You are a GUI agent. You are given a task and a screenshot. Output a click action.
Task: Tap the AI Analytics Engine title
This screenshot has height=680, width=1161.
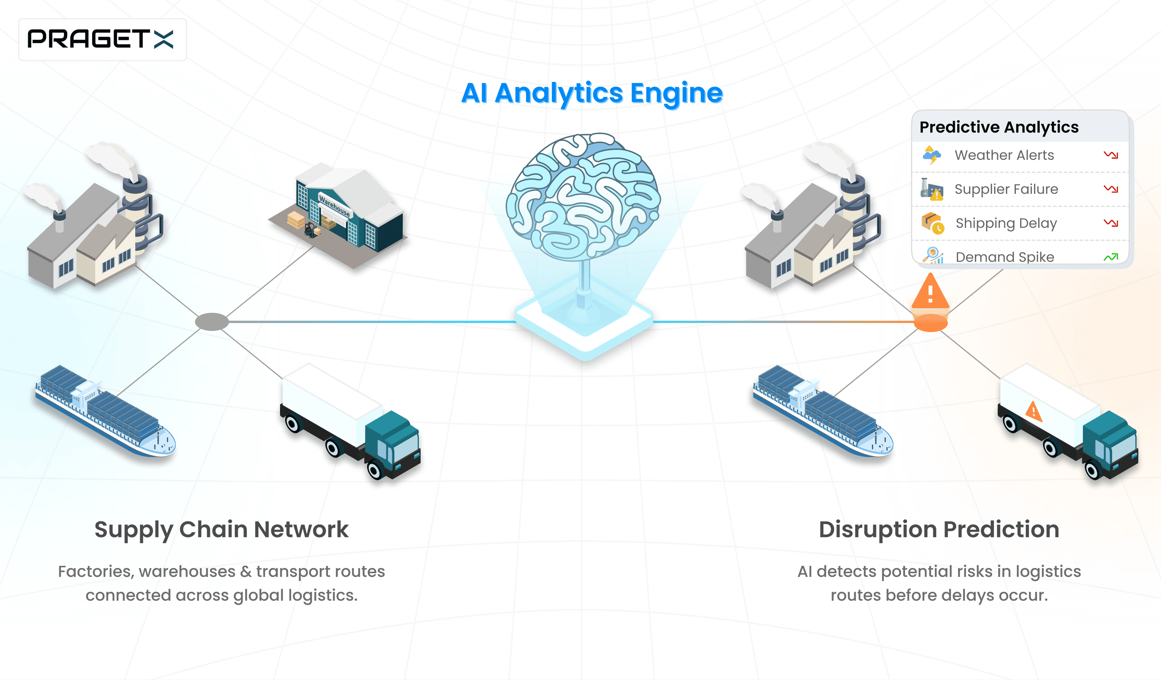pyautogui.click(x=592, y=93)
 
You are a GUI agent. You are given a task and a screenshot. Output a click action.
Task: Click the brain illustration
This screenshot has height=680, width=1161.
pyautogui.click(x=583, y=196)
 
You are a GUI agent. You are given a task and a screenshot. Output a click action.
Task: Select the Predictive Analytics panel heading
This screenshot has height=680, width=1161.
pyautogui.click(x=999, y=127)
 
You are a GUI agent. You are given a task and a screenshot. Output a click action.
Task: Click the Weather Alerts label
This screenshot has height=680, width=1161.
pyautogui.click(x=1004, y=155)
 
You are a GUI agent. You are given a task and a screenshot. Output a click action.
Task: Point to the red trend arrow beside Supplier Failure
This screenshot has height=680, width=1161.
pyautogui.click(x=1110, y=189)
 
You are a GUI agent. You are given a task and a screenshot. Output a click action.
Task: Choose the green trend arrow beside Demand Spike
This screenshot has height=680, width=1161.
pyautogui.click(x=1110, y=257)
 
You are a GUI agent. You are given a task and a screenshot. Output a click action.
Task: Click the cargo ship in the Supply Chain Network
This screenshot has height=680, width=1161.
pyautogui.click(x=105, y=411)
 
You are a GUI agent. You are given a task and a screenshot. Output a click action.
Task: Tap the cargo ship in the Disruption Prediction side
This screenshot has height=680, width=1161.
pyautogui.click(x=823, y=411)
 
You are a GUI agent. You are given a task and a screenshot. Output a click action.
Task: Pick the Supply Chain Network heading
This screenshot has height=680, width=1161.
pyautogui.click(x=221, y=529)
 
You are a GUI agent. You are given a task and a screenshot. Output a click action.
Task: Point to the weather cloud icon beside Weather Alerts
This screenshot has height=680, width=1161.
pyautogui.click(x=931, y=155)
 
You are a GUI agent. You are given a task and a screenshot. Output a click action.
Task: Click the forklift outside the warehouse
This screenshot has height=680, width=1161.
pyautogui.click(x=311, y=230)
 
